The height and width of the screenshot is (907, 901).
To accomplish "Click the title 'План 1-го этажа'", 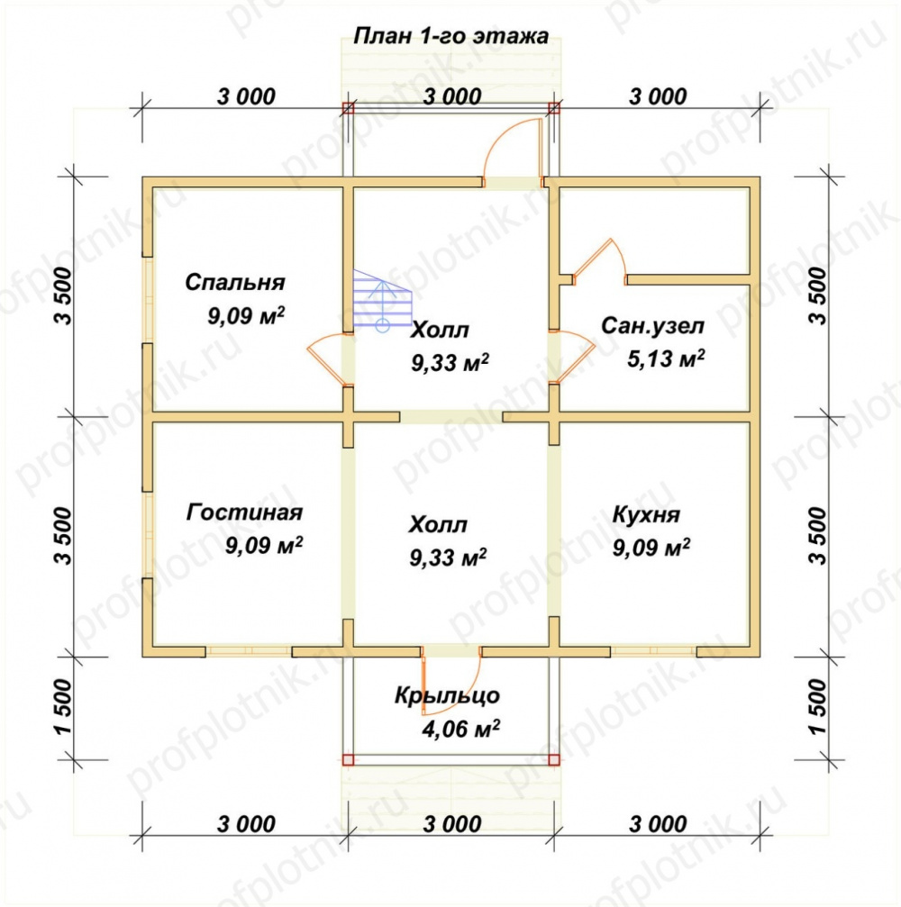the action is coord(450,36).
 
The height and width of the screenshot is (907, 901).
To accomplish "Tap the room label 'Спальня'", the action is coord(235,282).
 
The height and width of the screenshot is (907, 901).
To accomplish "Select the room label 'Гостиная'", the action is coord(245,512).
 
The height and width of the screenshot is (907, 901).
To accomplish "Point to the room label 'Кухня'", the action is coord(646,515).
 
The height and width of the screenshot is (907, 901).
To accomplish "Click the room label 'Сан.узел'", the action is coord(652,326).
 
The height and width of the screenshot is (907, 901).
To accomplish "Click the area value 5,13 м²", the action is coord(666,358).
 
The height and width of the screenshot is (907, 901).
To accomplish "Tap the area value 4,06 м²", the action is coord(461,729).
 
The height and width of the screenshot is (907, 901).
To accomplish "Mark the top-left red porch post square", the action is coord(348,107).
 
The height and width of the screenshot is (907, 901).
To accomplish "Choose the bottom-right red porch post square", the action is coord(554,759).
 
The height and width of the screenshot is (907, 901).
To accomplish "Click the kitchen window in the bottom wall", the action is coord(653,651).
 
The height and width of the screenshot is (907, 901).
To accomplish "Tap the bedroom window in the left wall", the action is coord(148,300).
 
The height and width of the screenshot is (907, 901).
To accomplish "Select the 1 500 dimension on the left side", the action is coord(64,707).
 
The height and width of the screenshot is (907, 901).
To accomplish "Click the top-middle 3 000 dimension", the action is coord(452,96).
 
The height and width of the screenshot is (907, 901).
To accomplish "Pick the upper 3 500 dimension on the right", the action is coord(818,295).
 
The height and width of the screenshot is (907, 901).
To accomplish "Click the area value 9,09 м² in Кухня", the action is coord(651,548).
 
